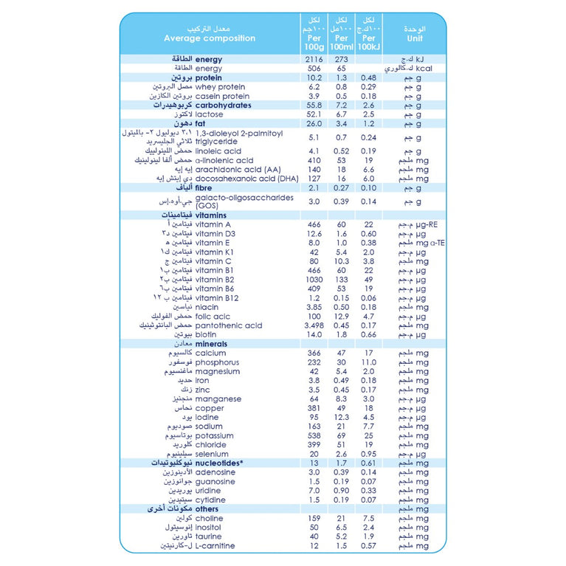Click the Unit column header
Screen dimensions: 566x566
click(415, 38)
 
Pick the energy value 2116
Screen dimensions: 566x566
click(313, 58)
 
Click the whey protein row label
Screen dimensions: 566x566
click(221, 86)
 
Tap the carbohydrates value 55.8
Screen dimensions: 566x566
click(313, 106)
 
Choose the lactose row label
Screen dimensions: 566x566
click(210, 114)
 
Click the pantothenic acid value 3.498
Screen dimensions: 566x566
click(313, 325)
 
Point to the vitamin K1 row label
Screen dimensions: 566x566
click(214, 252)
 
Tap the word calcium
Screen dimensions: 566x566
click(211, 353)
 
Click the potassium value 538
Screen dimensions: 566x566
click(313, 435)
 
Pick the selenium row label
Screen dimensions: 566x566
click(212, 454)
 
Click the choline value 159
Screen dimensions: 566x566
click(313, 518)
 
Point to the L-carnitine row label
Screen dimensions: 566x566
click(215, 545)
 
